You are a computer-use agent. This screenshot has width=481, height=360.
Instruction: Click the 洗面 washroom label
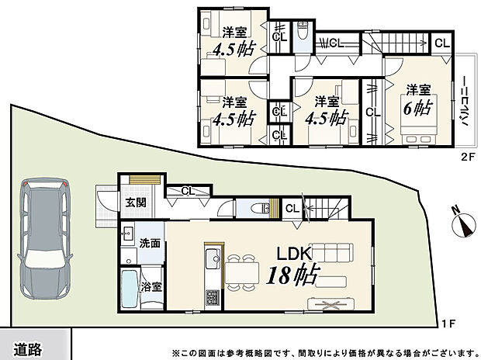(x=149, y=243)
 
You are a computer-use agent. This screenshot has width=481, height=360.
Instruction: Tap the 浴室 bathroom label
(x=151, y=286)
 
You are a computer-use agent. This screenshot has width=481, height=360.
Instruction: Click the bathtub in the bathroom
(x=130, y=292)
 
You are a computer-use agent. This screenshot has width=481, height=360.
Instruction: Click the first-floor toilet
(x=258, y=207)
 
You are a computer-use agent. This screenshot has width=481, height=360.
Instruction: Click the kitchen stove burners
(x=209, y=298)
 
